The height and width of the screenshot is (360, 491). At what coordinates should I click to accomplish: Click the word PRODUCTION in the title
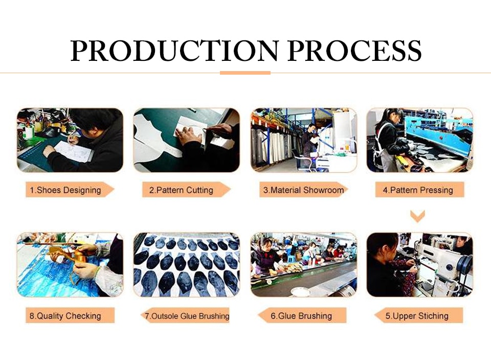tap(174, 50)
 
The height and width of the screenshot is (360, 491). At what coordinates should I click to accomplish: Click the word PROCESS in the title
tap(354, 50)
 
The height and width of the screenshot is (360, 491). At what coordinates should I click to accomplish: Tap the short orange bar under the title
tap(245, 73)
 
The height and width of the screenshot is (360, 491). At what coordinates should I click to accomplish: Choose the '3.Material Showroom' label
tap(303, 190)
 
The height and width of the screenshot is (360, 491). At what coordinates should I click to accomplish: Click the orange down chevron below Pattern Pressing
tap(418, 216)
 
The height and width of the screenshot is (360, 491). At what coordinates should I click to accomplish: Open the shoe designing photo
tap(70, 140)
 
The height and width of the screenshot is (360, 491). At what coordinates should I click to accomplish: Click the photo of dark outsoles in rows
tap(187, 265)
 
